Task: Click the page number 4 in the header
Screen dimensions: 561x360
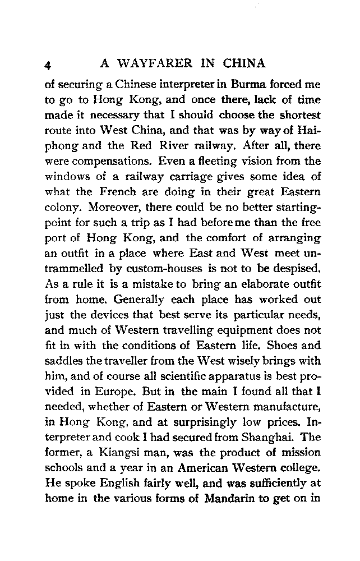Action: click(49, 65)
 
